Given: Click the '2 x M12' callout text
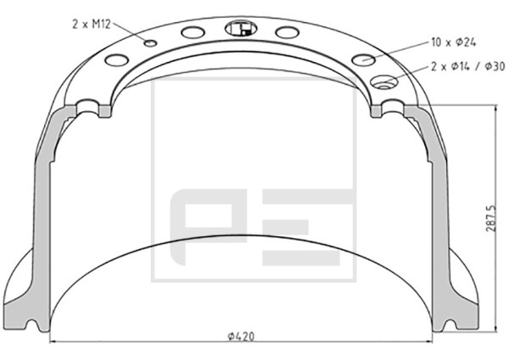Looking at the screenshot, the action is point(91,25).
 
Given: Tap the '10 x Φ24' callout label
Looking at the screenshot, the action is point(454,42).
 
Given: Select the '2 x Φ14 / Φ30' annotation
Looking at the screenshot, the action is point(468,66).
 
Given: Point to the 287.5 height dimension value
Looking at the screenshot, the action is point(490,218).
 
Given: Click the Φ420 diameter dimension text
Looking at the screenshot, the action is point(240,336).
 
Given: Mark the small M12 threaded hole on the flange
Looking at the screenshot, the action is point(151,43).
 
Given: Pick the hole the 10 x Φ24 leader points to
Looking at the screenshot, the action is point(363,60).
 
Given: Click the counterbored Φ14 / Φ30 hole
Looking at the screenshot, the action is point(384,82).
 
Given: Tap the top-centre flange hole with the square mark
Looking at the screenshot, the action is point(240,29).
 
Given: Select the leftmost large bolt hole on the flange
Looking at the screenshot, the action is point(117,60).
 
